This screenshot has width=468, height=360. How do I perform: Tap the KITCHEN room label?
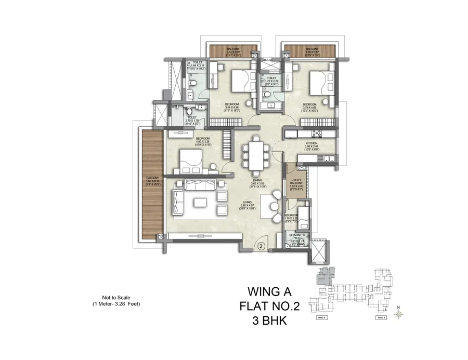coord(311,143)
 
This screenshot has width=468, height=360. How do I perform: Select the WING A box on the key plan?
coord(321,317)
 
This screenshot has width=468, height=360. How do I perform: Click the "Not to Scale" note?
coord(109,297)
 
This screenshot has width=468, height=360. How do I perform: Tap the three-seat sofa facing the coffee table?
coord(198,184)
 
